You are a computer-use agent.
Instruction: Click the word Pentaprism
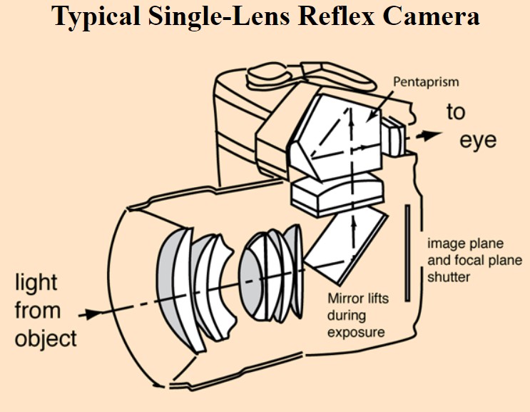coord(426,82)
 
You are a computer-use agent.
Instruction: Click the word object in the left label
coord(46,337)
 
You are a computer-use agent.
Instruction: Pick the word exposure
coord(356,332)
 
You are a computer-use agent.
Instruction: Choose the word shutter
coord(449,276)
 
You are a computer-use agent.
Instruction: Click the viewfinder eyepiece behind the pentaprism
coord(394,139)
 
